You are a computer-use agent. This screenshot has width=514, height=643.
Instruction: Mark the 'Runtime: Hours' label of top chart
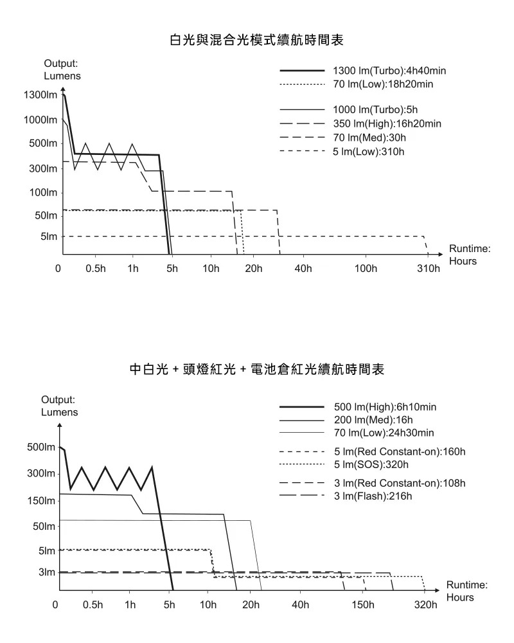[x=469, y=255]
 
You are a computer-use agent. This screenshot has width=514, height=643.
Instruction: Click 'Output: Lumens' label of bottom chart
[x=60, y=406]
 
